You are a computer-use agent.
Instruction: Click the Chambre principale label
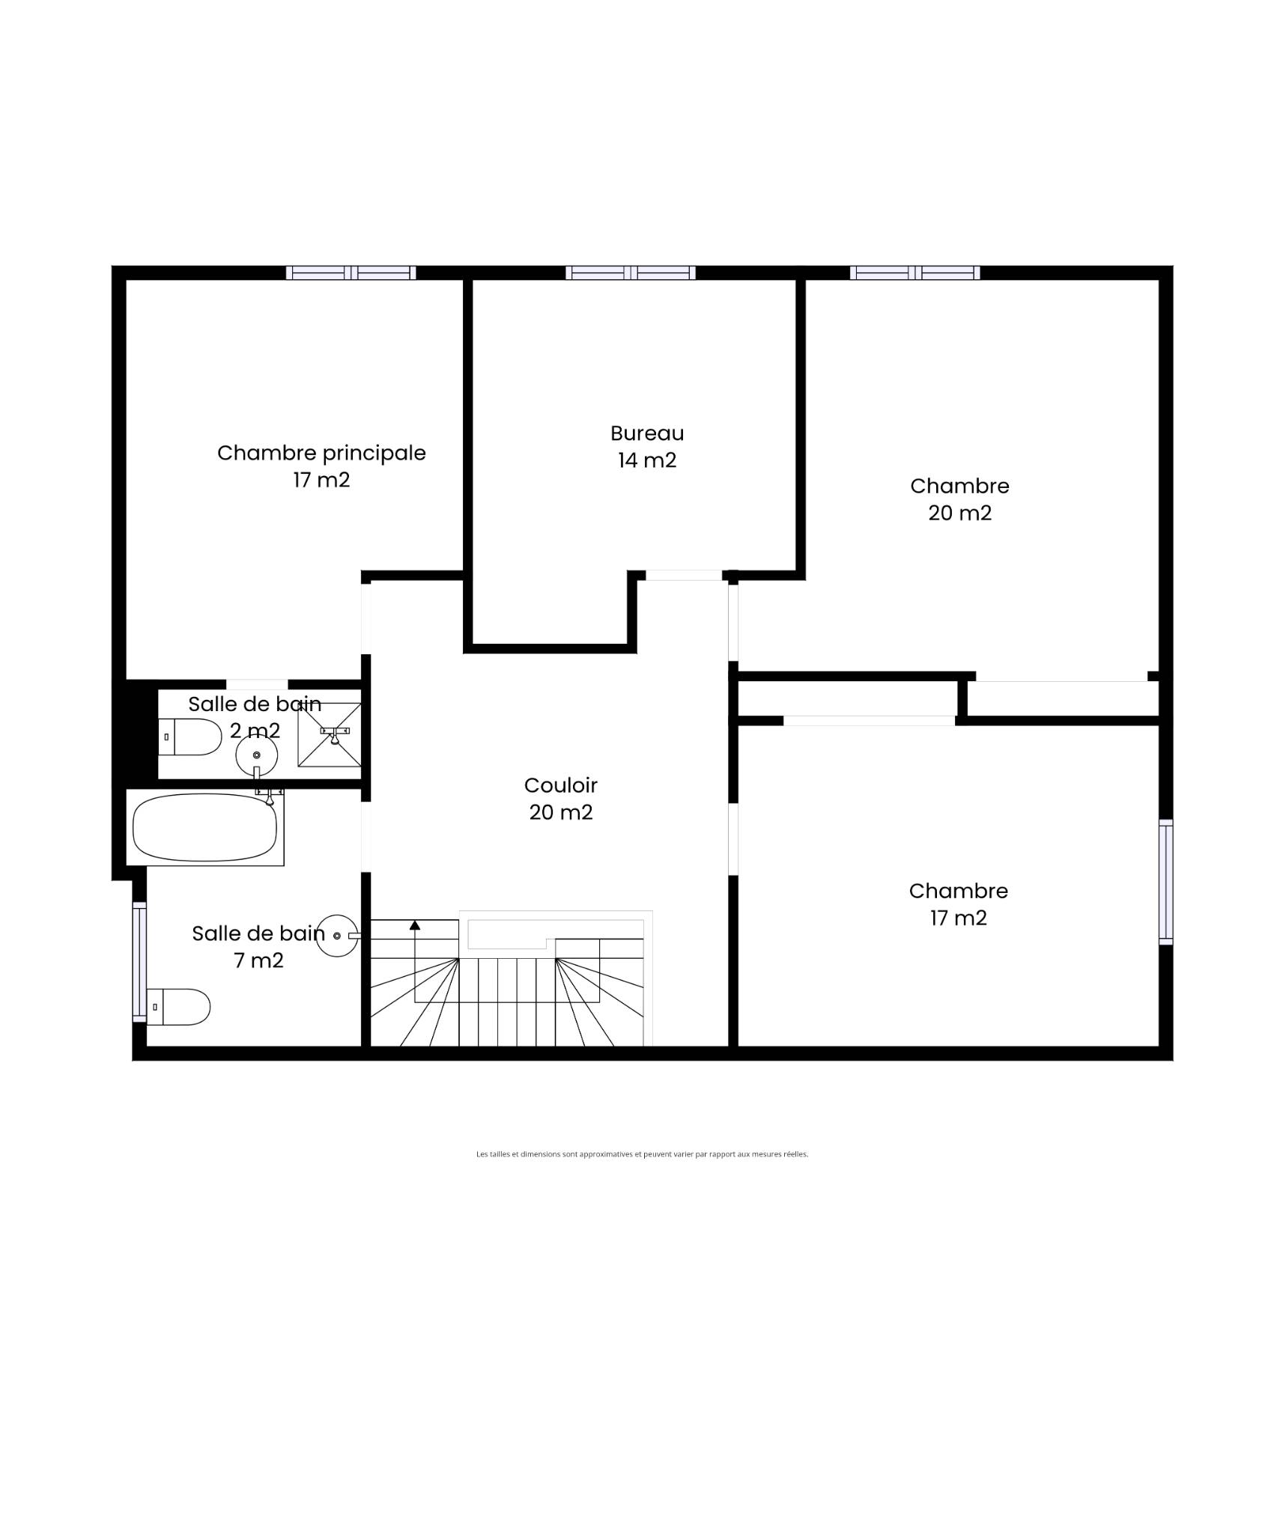[321, 453]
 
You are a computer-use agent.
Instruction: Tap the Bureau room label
[647, 433]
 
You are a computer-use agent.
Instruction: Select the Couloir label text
[561, 785]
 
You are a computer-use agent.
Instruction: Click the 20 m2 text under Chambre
[960, 513]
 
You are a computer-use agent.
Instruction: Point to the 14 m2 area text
[647, 460]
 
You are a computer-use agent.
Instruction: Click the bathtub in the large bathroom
[204, 827]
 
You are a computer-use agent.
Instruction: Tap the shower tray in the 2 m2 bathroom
[330, 734]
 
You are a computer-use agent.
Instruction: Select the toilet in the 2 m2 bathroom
[190, 737]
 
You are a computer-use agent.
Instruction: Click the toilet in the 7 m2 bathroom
[178, 1007]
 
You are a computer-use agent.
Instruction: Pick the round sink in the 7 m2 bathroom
[337, 936]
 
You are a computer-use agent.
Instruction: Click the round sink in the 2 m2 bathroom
[257, 755]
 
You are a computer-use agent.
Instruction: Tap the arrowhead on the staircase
[415, 925]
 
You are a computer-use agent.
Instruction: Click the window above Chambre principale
[351, 272]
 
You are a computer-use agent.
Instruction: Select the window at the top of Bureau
[631, 272]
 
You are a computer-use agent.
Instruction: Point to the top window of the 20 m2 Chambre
[914, 272]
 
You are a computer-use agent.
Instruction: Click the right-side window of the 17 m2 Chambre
[1166, 882]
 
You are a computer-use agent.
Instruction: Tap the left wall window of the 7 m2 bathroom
[139, 962]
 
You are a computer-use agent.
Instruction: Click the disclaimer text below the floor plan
[642, 1154]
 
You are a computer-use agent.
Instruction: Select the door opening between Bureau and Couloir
[684, 576]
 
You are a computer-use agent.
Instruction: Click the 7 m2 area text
[259, 960]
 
